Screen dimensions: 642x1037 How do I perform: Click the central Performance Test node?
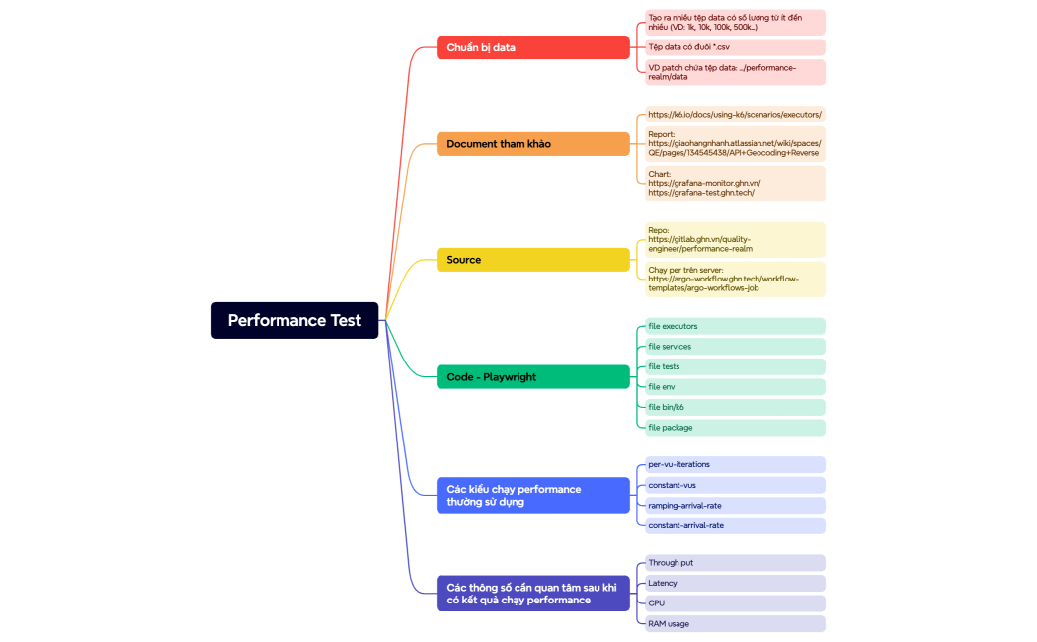(x=294, y=320)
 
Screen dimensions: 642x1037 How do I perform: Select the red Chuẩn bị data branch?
(x=532, y=47)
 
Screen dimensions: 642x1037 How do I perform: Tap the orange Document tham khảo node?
(x=532, y=144)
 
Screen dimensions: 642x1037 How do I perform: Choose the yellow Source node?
(x=532, y=260)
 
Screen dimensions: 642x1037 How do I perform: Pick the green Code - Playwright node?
(x=532, y=377)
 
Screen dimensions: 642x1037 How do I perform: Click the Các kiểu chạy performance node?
(x=532, y=495)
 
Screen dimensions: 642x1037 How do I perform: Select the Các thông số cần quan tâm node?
(x=532, y=594)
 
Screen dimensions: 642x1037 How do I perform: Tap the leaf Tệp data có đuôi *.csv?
(x=734, y=47)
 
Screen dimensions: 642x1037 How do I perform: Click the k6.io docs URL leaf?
(x=734, y=115)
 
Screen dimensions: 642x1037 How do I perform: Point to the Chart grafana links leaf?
(x=734, y=184)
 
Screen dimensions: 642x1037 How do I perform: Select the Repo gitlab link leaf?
(x=734, y=240)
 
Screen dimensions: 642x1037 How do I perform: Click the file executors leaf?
(x=734, y=326)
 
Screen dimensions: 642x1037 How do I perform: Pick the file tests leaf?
(x=734, y=366)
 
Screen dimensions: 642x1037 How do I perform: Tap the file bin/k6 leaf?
(x=734, y=407)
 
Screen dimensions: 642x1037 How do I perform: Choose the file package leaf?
(x=734, y=428)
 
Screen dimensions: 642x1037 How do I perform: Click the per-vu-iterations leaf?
(x=734, y=464)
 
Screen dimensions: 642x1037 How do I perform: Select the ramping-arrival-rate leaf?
(x=734, y=505)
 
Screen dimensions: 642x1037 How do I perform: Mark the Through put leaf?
(x=734, y=563)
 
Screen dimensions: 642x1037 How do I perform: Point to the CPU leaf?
(x=734, y=603)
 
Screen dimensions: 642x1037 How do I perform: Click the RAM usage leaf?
(x=734, y=624)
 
